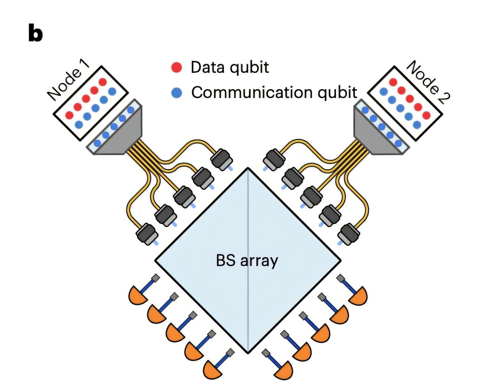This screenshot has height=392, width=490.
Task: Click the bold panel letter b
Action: pos(35,33)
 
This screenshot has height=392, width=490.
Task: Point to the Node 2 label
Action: pos(428,82)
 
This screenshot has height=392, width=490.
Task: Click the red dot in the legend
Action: pos(176,67)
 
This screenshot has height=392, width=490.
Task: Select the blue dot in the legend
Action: pos(176,93)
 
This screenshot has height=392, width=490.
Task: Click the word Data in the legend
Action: pos(207,67)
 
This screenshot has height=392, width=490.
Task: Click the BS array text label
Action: pos(247,261)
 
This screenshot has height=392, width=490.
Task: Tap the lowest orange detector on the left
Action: pos(212,370)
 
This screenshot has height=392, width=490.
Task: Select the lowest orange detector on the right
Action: pos(284,370)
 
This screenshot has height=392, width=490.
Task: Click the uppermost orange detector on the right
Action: pos(358,295)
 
